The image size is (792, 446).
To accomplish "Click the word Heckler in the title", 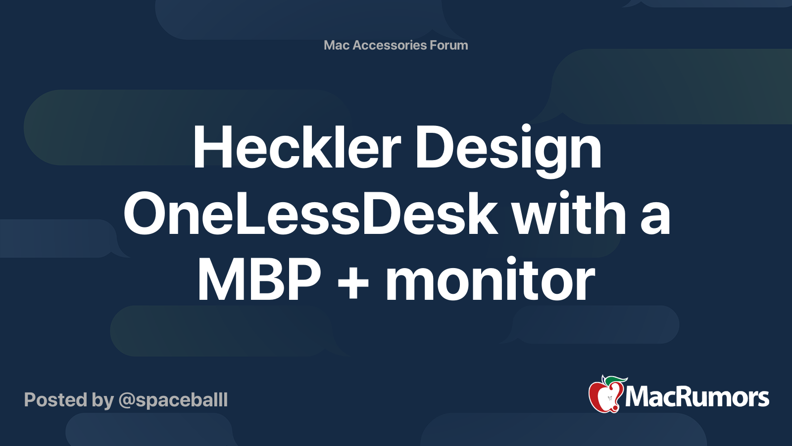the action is [297, 146].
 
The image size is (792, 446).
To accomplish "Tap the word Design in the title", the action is [508, 151].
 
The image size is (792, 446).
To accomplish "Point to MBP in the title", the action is [259, 279].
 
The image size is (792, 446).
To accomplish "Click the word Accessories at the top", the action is [389, 45].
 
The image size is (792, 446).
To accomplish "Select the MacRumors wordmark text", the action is [697, 397].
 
